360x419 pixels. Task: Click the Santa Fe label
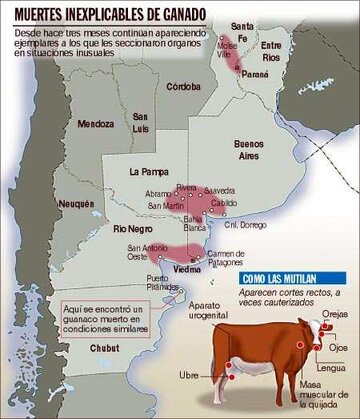240,30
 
